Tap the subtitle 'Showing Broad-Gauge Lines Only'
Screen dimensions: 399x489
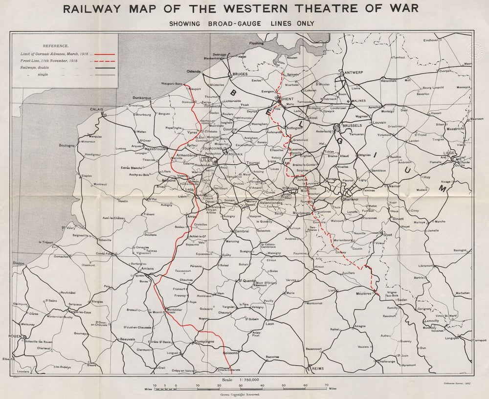point(242,23)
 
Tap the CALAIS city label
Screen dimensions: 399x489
point(96,110)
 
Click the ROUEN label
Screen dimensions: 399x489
point(16,336)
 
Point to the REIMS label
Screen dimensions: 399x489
point(318,368)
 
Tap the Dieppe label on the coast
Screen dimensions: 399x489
point(18,263)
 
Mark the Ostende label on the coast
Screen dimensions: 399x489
point(194,71)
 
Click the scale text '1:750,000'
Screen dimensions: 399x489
point(250,379)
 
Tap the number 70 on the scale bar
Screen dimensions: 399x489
point(326,385)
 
